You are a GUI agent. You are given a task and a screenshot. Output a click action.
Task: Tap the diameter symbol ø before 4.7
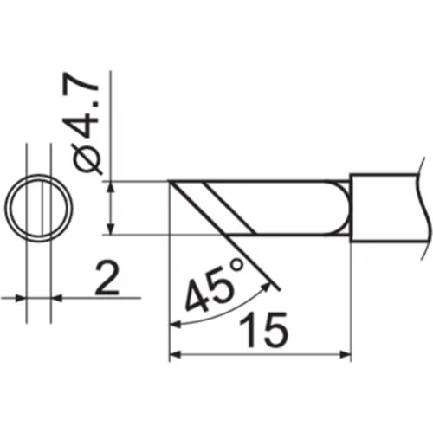[x=87, y=159]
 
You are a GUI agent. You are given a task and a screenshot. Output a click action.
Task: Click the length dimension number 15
[x=263, y=330]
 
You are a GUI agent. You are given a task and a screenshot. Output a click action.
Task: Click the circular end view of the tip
[x=39, y=208]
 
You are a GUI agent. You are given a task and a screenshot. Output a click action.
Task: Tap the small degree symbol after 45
[x=237, y=265]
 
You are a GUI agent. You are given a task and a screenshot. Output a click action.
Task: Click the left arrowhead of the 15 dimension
[x=175, y=354]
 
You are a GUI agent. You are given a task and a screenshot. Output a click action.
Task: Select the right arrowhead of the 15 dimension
[x=346, y=354]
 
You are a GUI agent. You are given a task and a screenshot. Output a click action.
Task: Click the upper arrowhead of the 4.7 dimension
[x=110, y=187]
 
